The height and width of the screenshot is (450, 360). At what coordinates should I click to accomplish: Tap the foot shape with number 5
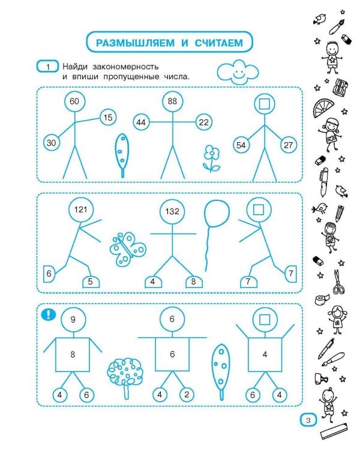91,282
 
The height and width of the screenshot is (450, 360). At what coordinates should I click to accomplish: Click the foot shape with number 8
194,282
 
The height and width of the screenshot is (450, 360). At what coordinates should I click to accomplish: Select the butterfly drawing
127,248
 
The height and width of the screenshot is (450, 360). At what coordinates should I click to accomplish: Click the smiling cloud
238,72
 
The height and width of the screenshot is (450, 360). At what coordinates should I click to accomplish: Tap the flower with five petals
212,158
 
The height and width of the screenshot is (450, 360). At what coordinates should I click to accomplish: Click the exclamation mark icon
49,314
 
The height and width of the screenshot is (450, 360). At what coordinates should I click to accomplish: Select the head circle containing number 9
73,319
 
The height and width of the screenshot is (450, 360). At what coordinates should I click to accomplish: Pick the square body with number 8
73,355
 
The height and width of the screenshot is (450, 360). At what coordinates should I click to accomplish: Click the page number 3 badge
308,420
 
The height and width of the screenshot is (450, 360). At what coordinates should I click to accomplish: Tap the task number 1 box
47,67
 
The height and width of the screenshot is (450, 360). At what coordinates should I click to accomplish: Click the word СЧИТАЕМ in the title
219,43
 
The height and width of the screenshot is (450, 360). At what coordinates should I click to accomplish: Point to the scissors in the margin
338,282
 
